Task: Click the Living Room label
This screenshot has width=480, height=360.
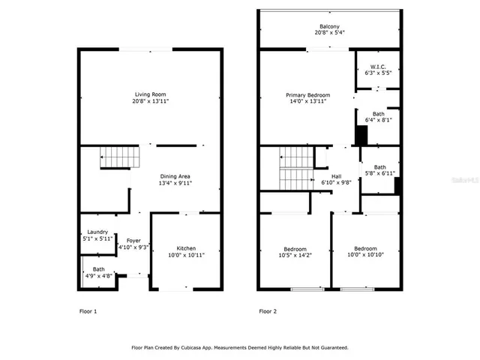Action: (149, 94)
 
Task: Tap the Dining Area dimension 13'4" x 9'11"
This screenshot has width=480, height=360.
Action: (173, 183)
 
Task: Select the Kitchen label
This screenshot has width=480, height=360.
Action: (186, 248)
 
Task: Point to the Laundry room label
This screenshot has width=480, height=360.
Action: (97, 232)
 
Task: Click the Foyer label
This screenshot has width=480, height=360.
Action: (133, 240)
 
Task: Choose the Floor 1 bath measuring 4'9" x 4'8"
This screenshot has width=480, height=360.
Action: (99, 272)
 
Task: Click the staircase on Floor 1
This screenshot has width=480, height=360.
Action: (121, 157)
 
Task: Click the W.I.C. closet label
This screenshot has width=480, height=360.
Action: (378, 67)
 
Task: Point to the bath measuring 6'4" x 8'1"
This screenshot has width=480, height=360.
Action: (378, 116)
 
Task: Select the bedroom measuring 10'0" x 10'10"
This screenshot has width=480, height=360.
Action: (365, 252)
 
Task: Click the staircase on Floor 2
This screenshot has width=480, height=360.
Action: (296, 169)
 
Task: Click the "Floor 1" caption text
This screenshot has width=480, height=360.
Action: (88, 310)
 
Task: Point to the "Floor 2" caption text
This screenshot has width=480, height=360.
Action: (268, 310)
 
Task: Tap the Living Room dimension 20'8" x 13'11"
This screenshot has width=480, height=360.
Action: (149, 100)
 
